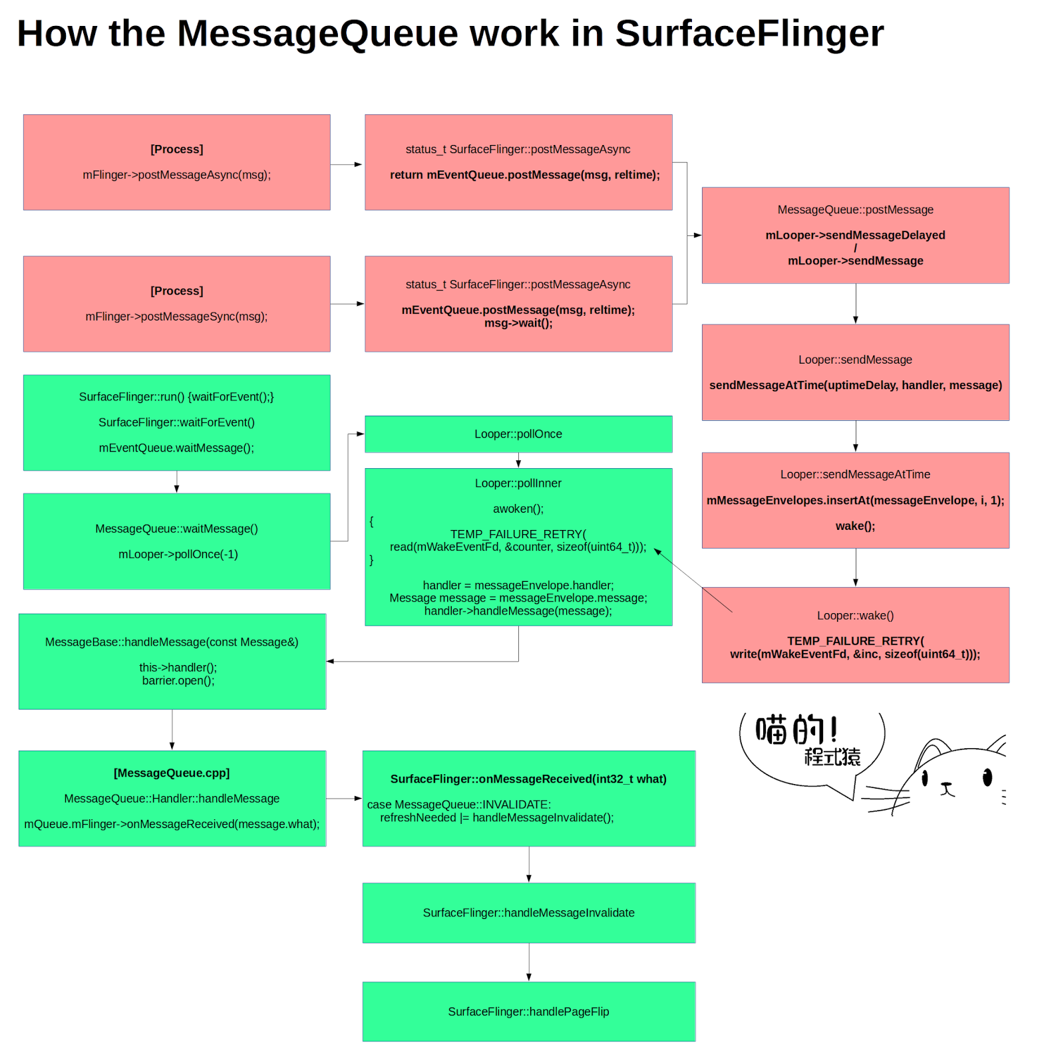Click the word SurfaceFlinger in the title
point(749,33)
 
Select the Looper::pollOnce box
point(518,434)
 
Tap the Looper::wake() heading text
point(855,615)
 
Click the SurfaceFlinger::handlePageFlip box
point(528,1011)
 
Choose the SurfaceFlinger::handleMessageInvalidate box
point(528,912)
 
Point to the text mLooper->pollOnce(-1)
point(178,554)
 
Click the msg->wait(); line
point(518,323)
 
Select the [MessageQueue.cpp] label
point(172,773)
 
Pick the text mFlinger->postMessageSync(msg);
point(176,317)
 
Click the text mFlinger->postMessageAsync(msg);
point(176,175)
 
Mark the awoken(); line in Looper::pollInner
point(518,509)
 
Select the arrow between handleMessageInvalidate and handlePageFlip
point(529,962)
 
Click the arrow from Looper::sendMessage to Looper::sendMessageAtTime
point(856,436)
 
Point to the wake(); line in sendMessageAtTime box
point(855,526)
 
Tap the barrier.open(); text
point(178,680)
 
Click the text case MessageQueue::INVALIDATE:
point(458,804)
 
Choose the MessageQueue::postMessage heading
point(855,209)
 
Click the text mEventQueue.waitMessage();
point(176,448)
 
